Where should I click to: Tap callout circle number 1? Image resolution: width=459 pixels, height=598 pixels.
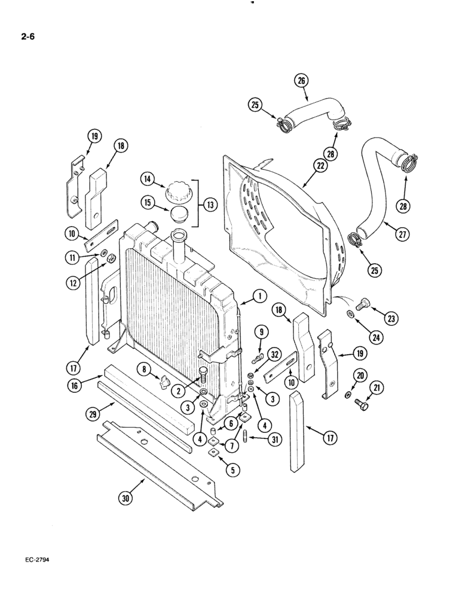tap(259, 295)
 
